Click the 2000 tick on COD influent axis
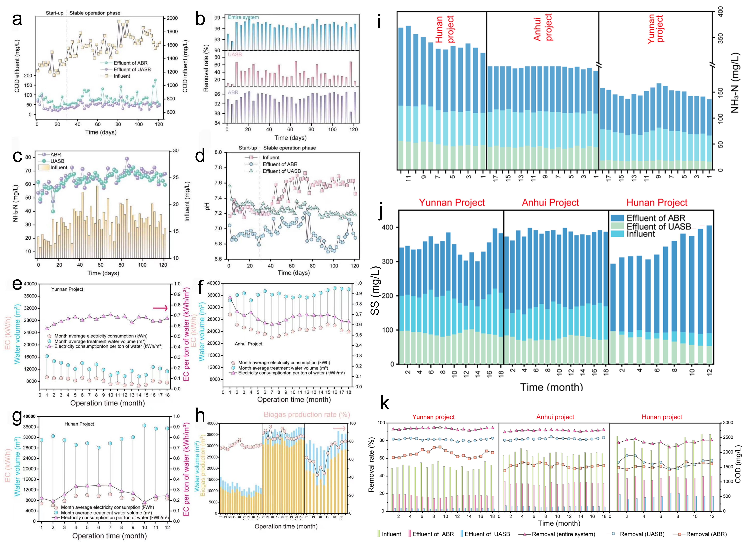172,18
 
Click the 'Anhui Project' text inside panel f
248,344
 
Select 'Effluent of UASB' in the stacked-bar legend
658,226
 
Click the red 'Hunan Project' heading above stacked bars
657,203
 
